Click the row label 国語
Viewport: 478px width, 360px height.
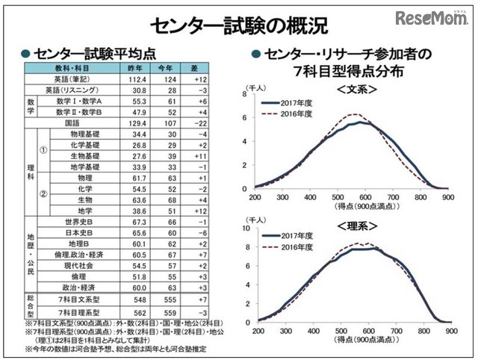72,122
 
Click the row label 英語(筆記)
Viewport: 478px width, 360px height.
72,78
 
